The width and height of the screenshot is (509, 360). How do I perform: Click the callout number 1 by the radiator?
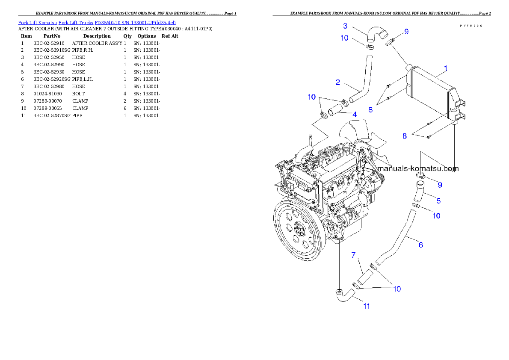coord(446,68)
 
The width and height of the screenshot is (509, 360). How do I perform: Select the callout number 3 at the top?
coord(345,26)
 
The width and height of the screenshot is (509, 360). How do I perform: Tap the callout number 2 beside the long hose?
coord(337,82)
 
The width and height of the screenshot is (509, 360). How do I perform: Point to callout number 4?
coord(354,114)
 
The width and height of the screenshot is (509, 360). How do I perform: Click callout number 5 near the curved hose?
coord(438,200)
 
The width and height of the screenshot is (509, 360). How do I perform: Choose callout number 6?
coord(420,245)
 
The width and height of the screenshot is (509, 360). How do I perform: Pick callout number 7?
coord(353,255)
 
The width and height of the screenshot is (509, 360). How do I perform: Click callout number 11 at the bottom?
coord(367,306)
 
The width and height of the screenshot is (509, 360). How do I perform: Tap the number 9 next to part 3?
coord(406,31)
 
